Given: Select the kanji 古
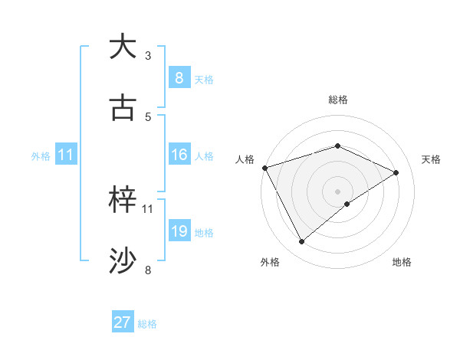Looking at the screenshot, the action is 123,108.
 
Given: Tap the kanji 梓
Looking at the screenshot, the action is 123,200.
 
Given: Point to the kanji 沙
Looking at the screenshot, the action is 123,261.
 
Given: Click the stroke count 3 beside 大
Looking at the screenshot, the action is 148,56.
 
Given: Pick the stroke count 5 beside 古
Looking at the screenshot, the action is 148,117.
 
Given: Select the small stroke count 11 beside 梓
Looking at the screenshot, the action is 148,208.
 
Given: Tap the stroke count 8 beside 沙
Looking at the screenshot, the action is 148,270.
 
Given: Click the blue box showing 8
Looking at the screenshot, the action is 179,78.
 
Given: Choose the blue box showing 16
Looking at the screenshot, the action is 179,155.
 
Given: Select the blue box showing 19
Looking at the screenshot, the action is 179,231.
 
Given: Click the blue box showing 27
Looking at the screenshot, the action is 123,322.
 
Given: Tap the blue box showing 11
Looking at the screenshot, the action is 65,155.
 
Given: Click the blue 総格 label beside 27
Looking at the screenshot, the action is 147,324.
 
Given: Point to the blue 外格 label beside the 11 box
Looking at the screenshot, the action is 41,156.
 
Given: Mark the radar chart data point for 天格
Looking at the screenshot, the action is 396,172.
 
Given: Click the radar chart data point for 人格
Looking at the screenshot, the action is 264,167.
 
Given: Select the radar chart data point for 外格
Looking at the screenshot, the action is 301,242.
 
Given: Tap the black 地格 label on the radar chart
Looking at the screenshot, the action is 402,263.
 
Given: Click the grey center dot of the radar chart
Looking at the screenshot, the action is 337,191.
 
